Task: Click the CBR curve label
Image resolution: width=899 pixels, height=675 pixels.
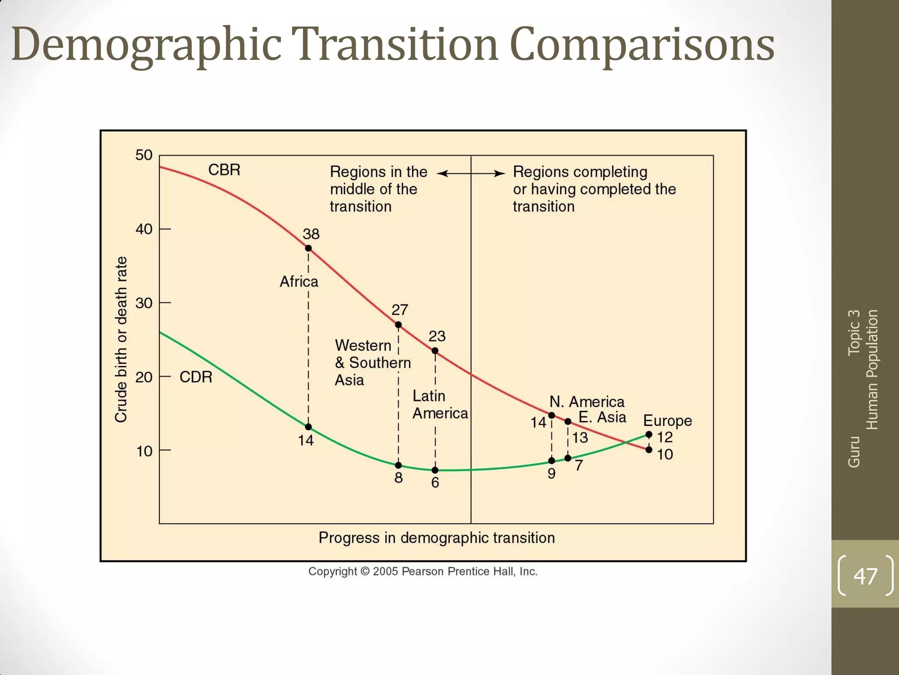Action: click(224, 170)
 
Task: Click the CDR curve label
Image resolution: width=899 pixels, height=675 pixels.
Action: click(196, 377)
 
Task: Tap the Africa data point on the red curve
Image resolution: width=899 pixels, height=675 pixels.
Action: click(308, 248)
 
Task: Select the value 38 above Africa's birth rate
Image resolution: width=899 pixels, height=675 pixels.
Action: click(311, 234)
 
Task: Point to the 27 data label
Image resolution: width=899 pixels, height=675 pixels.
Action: click(399, 310)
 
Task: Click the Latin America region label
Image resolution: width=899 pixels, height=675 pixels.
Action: click(439, 405)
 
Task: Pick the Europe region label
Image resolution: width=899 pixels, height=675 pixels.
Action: click(667, 421)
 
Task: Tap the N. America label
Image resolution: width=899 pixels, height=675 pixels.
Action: click(587, 402)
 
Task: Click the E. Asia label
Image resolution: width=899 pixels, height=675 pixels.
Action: click(602, 417)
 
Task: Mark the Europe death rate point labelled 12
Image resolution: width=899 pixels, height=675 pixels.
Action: click(649, 435)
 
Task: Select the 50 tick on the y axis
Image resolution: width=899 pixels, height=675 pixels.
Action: click(144, 155)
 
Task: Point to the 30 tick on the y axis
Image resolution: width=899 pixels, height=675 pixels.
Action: click(144, 303)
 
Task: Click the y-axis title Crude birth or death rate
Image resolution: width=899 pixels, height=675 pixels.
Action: click(121, 340)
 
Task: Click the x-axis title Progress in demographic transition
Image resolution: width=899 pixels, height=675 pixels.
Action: click(436, 538)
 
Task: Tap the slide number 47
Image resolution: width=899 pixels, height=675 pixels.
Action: click(865, 576)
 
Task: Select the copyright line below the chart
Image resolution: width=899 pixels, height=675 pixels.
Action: click(423, 571)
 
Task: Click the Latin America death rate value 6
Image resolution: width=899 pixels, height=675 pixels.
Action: click(435, 483)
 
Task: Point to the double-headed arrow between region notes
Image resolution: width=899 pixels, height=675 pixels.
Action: click(471, 174)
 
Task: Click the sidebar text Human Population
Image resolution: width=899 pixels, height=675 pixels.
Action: click(872, 370)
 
